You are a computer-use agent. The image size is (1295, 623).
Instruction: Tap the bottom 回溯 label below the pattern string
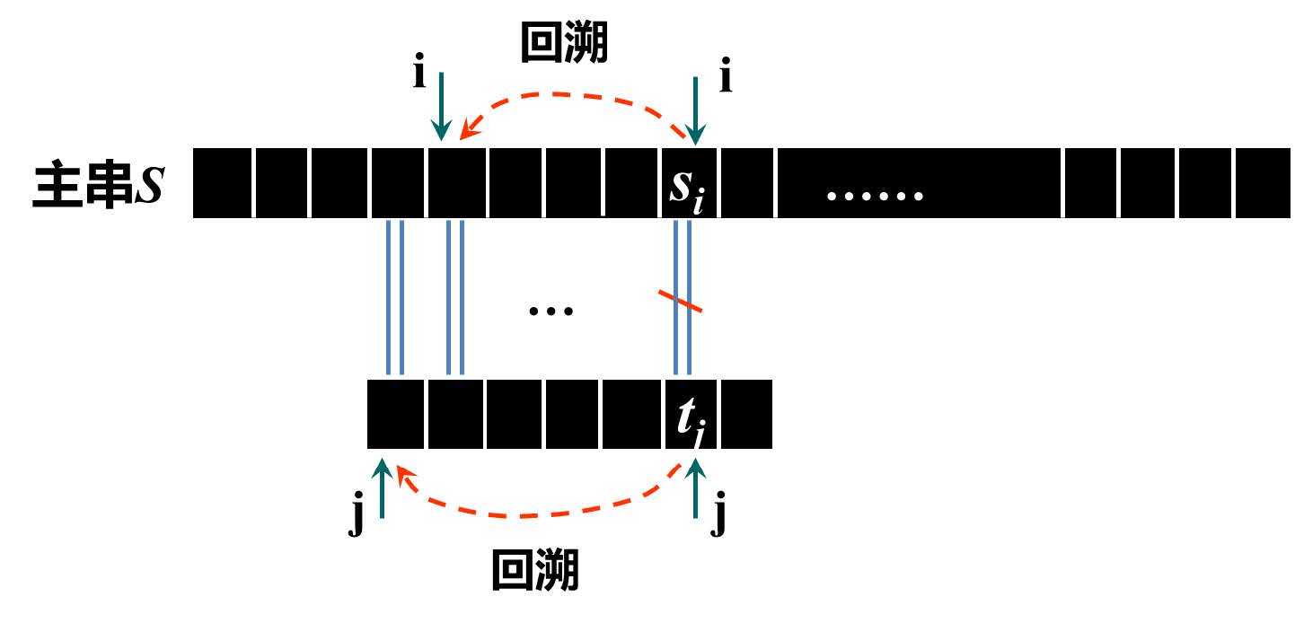tap(536, 571)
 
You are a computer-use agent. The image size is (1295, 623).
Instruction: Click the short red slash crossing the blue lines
tap(681, 303)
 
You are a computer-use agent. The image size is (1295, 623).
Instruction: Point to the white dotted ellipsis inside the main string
tap(875, 195)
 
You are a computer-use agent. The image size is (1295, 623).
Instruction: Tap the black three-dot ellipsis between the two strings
tap(551, 311)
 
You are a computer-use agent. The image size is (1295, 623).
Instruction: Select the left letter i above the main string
tap(419, 73)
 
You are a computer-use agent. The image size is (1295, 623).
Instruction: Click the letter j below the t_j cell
tap(718, 522)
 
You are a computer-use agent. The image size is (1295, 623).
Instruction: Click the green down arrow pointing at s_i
tap(695, 108)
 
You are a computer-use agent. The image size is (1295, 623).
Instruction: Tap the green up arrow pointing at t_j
tap(696, 488)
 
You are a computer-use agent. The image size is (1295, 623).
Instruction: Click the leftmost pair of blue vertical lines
tap(394, 297)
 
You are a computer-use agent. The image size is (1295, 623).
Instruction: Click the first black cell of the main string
tap(223, 184)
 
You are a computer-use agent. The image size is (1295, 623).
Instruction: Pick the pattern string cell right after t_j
tap(746, 415)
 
